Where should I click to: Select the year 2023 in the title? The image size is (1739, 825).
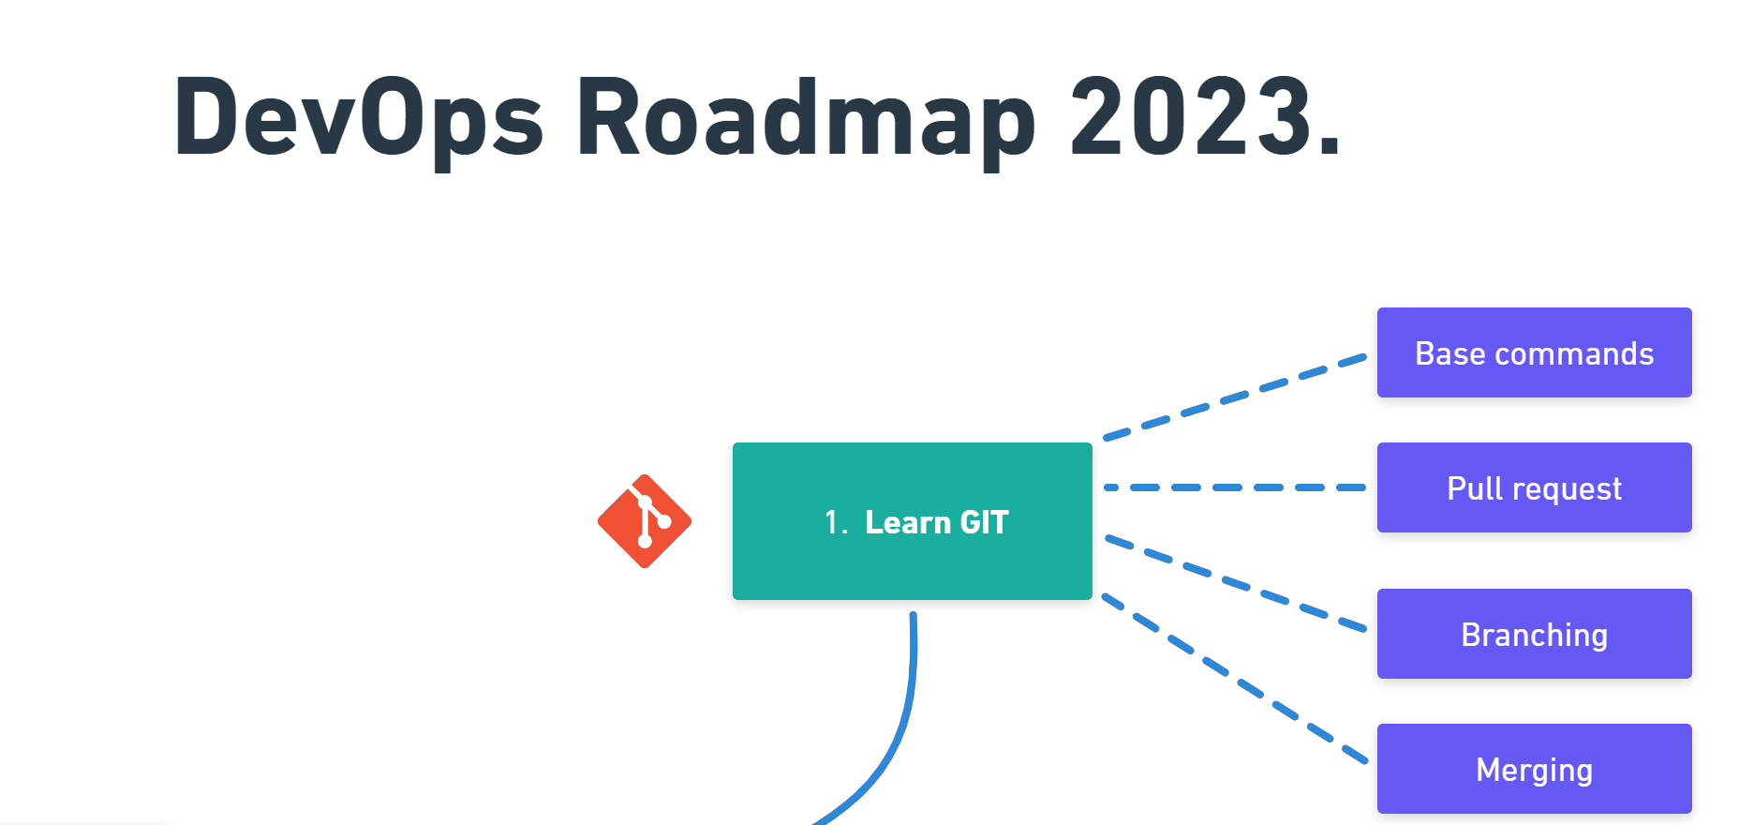[x=1190, y=117]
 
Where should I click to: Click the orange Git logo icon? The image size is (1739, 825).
[x=645, y=521]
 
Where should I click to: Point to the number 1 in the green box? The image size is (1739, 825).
[x=832, y=523]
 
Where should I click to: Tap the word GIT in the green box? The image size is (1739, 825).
[x=984, y=522]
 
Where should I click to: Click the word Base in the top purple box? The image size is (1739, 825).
[x=1449, y=354]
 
